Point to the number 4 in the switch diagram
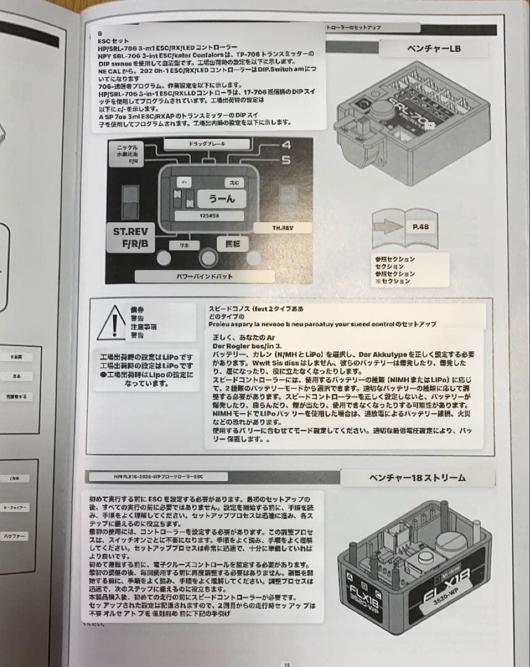pos(285,146)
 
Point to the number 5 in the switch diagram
pos(285,161)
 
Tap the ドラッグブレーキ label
pos(207,143)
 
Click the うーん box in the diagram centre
pos(222,199)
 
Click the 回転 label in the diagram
pos(233,244)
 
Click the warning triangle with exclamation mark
pos(111,322)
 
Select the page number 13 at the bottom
pos(286,663)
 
